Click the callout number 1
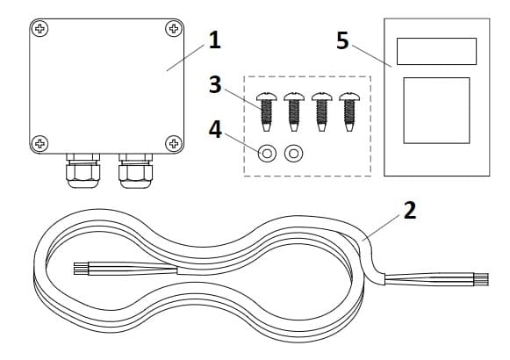pos(214,40)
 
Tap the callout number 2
pos(410,211)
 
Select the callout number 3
pos(215,84)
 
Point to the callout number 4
pos(215,129)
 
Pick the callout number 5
pos(342,40)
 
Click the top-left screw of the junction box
pos(40,29)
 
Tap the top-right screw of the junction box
pos(174,29)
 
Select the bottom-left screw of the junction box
pos(40,143)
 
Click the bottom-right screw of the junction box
pos(174,143)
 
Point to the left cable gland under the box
pos(83,170)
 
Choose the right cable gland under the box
pos(135,170)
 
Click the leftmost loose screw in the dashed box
pos(266,112)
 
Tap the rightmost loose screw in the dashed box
pos(349,112)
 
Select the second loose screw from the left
pos(294,112)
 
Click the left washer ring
pos(267,153)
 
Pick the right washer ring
pos(294,153)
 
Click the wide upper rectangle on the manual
pos(436,52)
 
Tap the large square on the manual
pos(436,111)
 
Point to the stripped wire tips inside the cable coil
pos(81,269)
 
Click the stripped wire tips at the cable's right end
pos(481,279)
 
